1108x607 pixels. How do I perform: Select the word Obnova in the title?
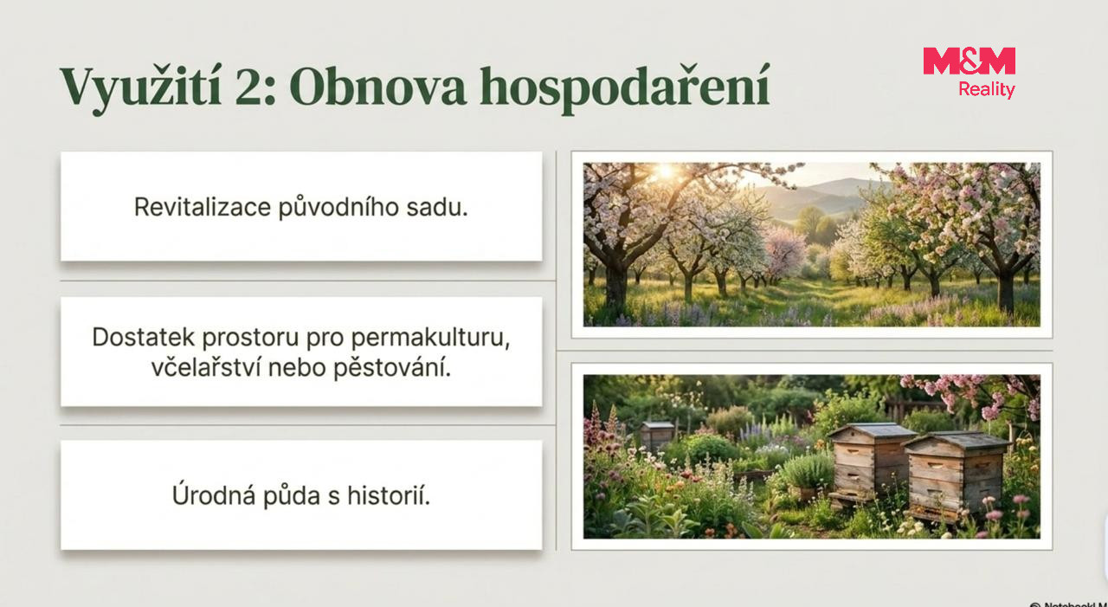tap(378, 87)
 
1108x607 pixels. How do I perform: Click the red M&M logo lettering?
tap(969, 61)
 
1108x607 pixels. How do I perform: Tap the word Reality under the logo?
tap(987, 89)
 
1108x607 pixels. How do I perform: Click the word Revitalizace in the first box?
tap(203, 207)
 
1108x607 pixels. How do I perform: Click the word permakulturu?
tap(430, 339)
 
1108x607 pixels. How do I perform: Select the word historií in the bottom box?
tap(388, 495)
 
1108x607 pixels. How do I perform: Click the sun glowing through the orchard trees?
tap(666, 171)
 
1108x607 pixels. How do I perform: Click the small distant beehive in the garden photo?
tap(657, 434)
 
